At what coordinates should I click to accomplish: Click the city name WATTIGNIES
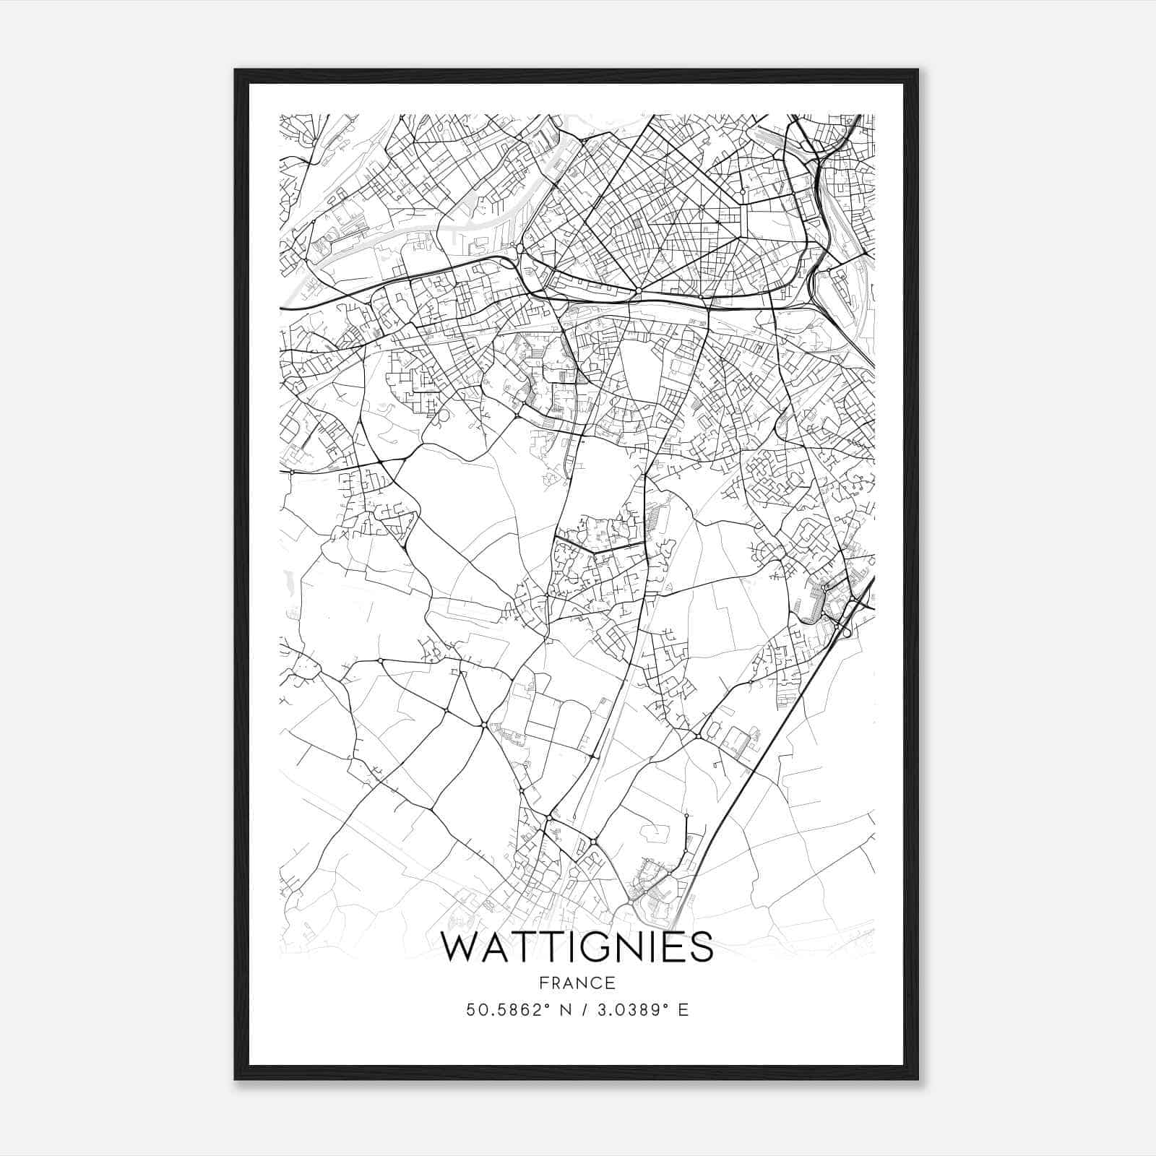pos(577,947)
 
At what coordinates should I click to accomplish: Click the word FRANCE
pos(577,983)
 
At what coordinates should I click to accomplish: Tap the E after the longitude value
pos(683,1009)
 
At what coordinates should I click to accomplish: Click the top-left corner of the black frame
pos(236,70)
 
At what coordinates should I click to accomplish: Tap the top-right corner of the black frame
pos(918,70)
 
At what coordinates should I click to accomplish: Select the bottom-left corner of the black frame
pos(236,1079)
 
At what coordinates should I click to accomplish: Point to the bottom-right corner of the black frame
pos(918,1079)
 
